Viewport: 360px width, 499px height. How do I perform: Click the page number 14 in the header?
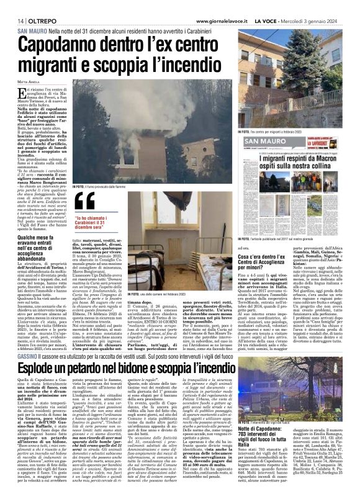click(12, 20)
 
